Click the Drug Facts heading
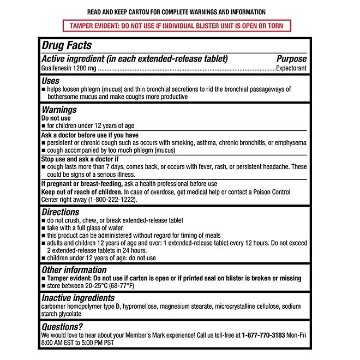tap(67, 46)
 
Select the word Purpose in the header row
tap(291, 59)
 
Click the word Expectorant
tap(291, 69)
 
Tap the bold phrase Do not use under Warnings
tap(56, 117)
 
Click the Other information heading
tap(74, 270)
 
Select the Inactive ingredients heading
tap(78, 298)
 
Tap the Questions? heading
tap(62, 327)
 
